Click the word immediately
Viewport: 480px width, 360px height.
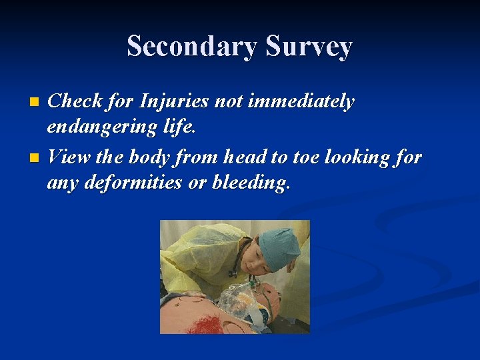tap(301, 102)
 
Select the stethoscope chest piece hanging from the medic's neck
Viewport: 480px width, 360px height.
tap(232, 273)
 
